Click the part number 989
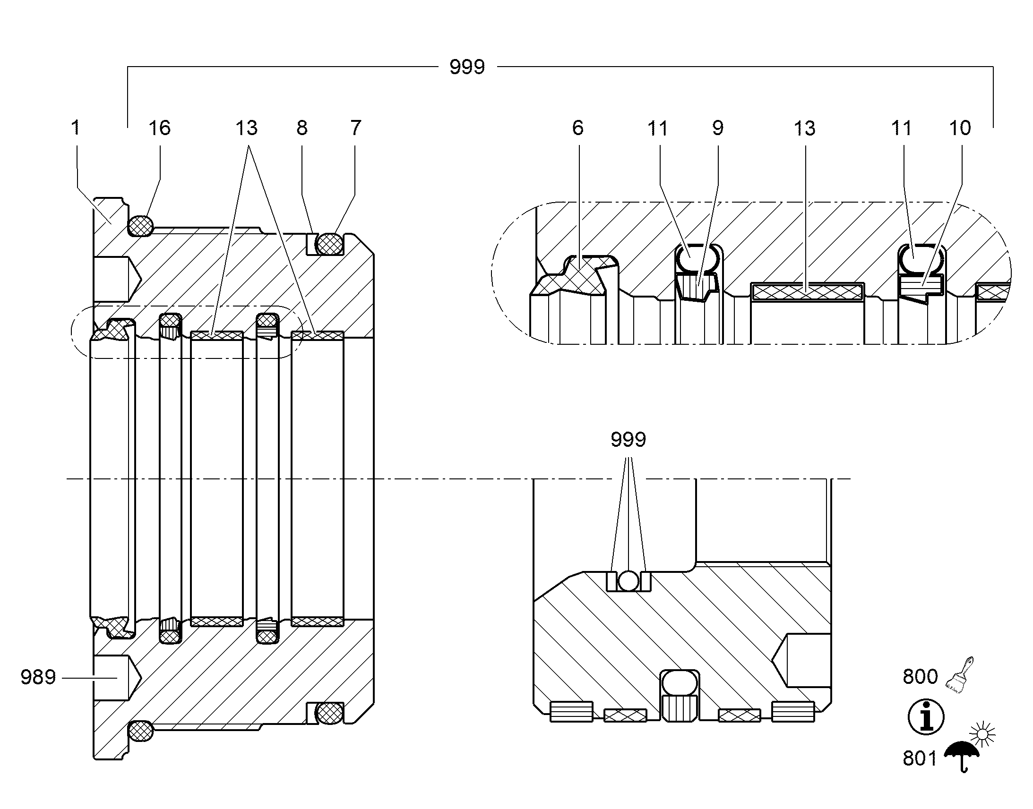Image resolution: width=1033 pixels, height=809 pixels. click(x=38, y=677)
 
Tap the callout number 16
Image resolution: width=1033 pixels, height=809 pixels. click(x=159, y=128)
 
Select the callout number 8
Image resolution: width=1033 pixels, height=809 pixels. click(x=302, y=128)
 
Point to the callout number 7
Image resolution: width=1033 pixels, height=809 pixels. click(x=356, y=128)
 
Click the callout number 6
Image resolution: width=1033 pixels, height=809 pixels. click(x=577, y=128)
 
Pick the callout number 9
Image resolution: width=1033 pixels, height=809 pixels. click(x=718, y=128)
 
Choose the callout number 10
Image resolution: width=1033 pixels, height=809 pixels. click(x=960, y=128)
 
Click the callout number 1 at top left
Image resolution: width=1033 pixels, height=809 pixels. click(x=75, y=128)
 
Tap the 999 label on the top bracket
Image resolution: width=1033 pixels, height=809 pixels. click(x=467, y=67)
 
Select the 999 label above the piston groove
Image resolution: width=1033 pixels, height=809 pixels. click(x=628, y=440)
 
